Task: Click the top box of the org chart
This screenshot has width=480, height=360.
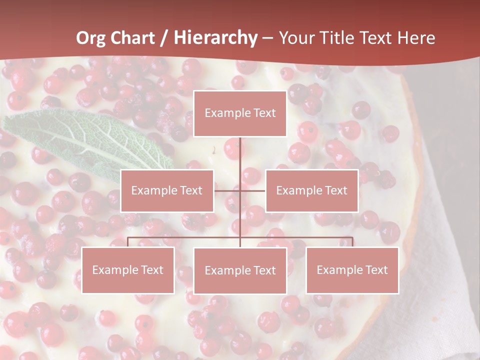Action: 240,113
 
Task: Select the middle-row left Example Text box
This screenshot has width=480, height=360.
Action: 167,190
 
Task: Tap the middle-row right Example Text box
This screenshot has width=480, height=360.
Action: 312,190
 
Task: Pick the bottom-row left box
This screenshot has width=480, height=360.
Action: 128,270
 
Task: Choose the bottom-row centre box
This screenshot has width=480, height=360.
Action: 240,270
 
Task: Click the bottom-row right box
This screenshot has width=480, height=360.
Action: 352,270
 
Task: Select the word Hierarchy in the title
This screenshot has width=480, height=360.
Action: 215,38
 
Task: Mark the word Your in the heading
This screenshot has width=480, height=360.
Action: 296,38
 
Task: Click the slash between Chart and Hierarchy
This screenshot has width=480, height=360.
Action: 164,38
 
